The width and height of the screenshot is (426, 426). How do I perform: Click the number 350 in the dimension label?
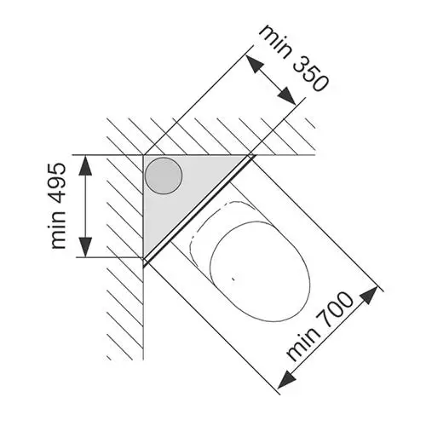coord(310,74)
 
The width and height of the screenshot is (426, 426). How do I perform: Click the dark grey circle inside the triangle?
coord(164,176)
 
